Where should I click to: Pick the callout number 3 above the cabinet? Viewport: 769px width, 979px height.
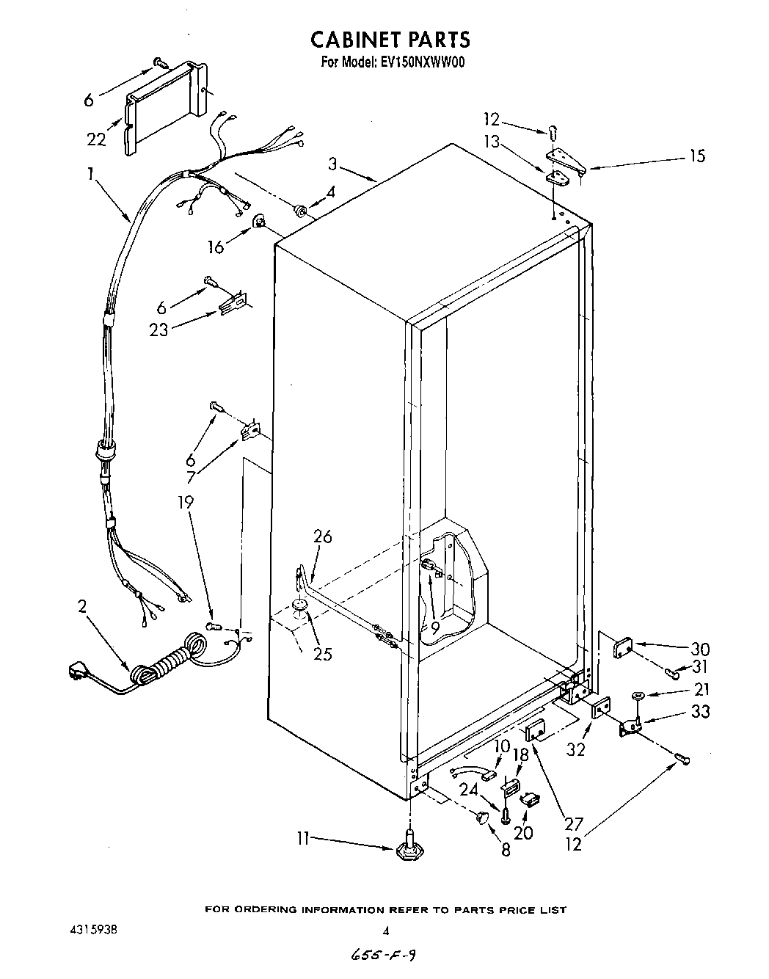(x=332, y=164)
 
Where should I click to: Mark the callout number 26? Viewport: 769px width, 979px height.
(x=322, y=537)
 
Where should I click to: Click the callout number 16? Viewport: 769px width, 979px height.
(x=216, y=247)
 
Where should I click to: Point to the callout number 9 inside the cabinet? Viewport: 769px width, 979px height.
(x=434, y=627)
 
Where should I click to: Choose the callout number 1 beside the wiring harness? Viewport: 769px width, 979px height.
(x=90, y=174)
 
